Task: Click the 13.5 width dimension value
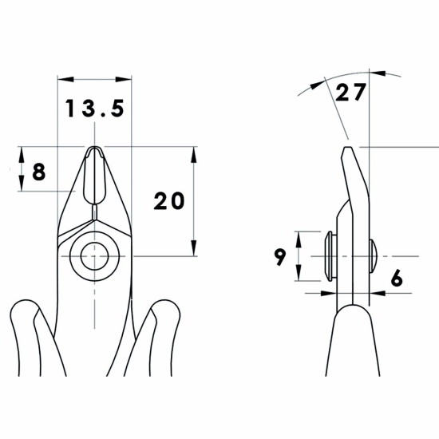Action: (x=95, y=109)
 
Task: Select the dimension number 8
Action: (x=39, y=172)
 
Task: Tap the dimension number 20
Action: (x=169, y=200)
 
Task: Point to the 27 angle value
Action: (x=350, y=92)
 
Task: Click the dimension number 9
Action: (x=279, y=257)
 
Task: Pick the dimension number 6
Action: (x=397, y=278)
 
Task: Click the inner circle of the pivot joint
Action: (x=95, y=256)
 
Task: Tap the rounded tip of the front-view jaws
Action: (x=95, y=148)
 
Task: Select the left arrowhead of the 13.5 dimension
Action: (x=65, y=79)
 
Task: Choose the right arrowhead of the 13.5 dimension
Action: (x=124, y=79)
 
